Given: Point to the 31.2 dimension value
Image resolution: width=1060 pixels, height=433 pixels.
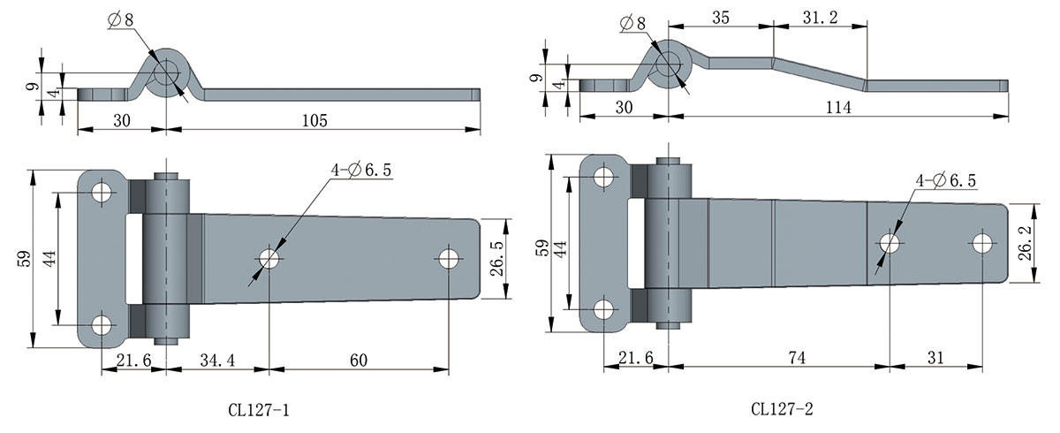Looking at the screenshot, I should click(821, 18).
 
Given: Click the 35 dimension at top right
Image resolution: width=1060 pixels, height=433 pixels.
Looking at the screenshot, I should click(720, 18).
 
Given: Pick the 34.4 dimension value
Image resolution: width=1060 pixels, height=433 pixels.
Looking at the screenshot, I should click(216, 361).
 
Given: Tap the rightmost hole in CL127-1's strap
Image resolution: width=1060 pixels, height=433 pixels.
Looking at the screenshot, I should click(450, 259).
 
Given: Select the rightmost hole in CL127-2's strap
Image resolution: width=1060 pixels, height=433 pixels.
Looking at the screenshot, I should click(980, 243).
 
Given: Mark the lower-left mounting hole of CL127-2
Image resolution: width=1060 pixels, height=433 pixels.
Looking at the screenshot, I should click(603, 310).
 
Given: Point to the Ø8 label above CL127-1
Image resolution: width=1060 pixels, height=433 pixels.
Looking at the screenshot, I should click(122, 19).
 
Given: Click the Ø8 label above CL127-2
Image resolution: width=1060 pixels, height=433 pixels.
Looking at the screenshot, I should click(633, 23).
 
